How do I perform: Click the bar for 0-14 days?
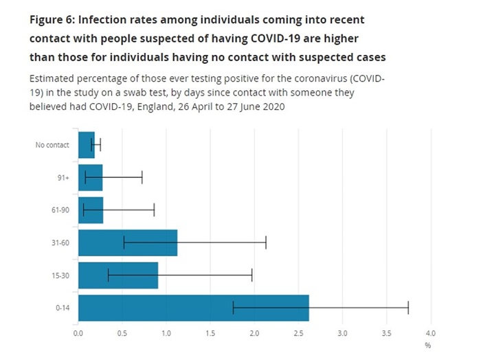pyautogui.click(x=194, y=308)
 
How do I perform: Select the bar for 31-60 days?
pyautogui.click(x=128, y=243)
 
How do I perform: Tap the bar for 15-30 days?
pyautogui.click(x=118, y=275)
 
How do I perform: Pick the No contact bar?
pyautogui.click(x=87, y=145)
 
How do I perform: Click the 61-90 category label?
pyautogui.click(x=60, y=210)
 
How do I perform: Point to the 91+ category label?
pyautogui.click(x=63, y=177)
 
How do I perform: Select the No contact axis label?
pyautogui.click(x=52, y=145)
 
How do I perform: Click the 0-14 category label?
pyautogui.click(x=63, y=308)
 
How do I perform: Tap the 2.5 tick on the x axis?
pyautogui.click(x=298, y=333)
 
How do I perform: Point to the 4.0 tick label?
pyautogui.click(x=431, y=333)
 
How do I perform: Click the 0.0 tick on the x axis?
pyautogui.click(x=78, y=333)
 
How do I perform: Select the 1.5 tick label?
pyautogui.click(x=210, y=333)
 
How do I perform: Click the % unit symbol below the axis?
pyautogui.click(x=428, y=346)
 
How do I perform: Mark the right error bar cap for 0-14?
pyautogui.click(x=408, y=308)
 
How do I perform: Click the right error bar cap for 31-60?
pyautogui.click(x=266, y=243)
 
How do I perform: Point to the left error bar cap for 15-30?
pyautogui.click(x=108, y=275)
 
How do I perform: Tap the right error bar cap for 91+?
pyautogui.click(x=142, y=177)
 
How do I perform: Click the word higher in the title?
pyautogui.click(x=341, y=39)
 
